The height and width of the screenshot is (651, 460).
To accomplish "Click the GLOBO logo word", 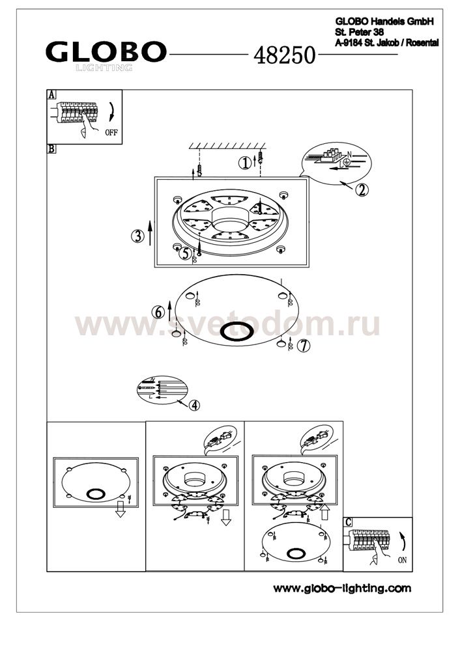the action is tap(106, 51).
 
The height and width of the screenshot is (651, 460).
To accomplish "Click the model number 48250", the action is tap(285, 55).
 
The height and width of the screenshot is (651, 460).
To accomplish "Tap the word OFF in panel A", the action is tap(111, 133).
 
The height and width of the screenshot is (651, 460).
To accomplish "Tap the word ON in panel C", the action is tap(402, 560).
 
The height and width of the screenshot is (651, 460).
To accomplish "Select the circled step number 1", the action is tap(245, 163).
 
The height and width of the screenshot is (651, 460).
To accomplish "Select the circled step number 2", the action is tap(362, 189).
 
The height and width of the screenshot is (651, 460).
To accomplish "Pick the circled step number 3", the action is tap(137, 236).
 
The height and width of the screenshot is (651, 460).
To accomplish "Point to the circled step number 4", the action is tap(194, 405).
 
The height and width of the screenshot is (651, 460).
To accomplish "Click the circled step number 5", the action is tap(185, 253).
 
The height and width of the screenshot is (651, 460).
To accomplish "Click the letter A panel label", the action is tap(51, 94).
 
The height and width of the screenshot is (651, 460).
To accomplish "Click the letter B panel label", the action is tap(51, 148).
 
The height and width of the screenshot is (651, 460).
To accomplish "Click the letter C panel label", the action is tap(348, 522).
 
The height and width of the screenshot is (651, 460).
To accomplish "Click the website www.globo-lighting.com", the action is tap(342, 588).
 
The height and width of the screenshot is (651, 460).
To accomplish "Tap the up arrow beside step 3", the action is tap(150, 233).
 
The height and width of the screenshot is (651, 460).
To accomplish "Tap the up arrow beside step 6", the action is tap(169, 310).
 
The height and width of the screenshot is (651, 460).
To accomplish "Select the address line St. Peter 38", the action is tap(360, 32).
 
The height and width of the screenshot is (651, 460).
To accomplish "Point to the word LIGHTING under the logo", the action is tap(104, 68).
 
